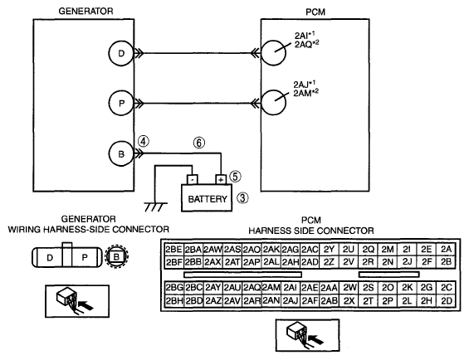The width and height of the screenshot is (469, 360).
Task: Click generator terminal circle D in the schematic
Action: coord(121,53)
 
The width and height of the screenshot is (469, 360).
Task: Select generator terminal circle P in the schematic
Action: coord(121,103)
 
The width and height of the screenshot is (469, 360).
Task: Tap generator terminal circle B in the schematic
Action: coord(121,154)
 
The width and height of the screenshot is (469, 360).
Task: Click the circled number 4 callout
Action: coord(144,141)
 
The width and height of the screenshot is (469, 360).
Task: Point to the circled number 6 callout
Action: coord(199,143)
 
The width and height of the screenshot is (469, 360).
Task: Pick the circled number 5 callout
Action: coord(235,177)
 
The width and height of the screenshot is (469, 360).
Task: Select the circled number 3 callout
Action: coord(242,197)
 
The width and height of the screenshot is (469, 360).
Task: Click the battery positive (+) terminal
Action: coord(221,179)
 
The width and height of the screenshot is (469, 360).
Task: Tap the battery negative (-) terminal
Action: coord(193,179)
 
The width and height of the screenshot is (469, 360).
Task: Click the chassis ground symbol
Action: coord(155,207)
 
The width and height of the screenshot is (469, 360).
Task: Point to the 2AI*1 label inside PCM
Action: coord(305,36)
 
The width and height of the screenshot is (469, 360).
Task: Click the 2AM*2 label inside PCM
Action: coord(305,93)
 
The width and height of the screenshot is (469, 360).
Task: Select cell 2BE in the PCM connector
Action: coord(173,250)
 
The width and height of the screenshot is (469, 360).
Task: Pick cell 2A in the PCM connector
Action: coord(446,250)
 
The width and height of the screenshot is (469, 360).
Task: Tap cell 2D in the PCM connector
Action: coord(446,301)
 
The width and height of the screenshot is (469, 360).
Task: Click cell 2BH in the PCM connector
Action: coord(174,301)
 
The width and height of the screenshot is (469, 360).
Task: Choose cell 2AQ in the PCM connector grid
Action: coord(252,288)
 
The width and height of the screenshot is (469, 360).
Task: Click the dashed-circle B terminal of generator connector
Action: coord(117,256)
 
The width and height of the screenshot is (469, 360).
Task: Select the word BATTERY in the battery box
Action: coord(208,199)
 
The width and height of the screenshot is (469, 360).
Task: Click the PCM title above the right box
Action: coord(315,12)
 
